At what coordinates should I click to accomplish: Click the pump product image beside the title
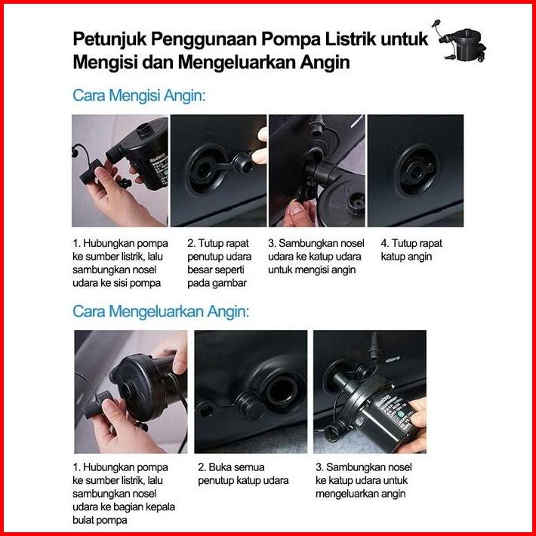coord(460,41)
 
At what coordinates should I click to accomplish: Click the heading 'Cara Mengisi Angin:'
coord(139,95)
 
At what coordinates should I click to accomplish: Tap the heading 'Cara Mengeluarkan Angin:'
coord(161,312)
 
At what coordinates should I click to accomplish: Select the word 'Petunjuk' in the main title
coord(109,40)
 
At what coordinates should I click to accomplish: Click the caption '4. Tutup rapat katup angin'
coord(411,250)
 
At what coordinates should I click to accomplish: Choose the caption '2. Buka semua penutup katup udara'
coord(243,474)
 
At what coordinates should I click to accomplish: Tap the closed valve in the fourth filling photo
coord(417,170)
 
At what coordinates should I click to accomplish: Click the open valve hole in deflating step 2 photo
coord(282,391)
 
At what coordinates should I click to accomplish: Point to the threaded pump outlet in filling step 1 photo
coord(145,131)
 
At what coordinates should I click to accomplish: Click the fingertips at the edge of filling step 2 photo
coord(260,146)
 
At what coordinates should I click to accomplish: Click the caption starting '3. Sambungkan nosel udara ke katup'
coord(316,257)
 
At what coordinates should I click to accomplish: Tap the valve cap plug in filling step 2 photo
coord(242,162)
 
